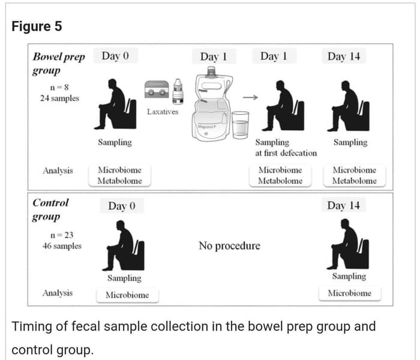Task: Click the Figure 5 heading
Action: click(x=37, y=27)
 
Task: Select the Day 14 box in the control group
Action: click(x=344, y=205)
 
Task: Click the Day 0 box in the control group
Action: click(x=122, y=206)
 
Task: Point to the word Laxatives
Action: click(x=162, y=112)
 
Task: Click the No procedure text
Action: click(x=229, y=246)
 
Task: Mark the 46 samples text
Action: click(x=59, y=246)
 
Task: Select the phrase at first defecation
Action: click(x=286, y=153)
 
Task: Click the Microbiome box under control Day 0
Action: click(x=124, y=295)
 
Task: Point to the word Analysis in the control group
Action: click(x=58, y=293)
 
